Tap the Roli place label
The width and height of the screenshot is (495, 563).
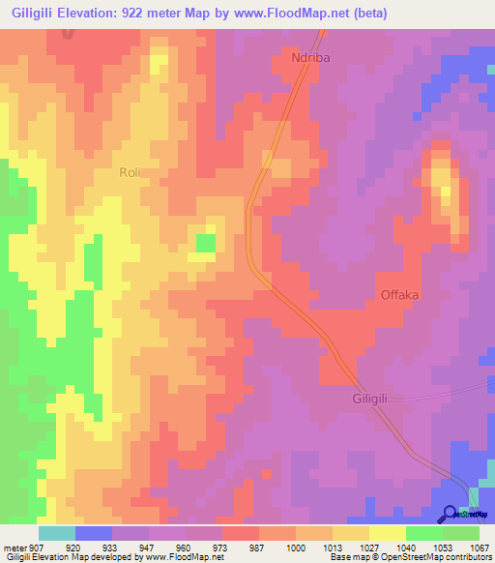pos(130,172)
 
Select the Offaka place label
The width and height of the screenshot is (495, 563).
pos(399,295)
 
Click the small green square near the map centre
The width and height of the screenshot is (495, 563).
pos(206,242)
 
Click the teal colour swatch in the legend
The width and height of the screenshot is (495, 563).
pos(57,533)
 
